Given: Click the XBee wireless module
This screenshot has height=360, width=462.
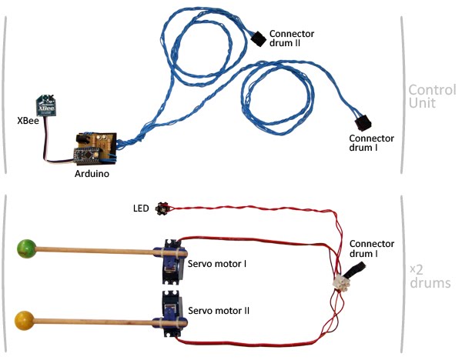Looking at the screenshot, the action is [46, 105].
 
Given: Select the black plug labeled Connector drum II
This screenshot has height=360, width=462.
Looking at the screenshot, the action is [259, 38].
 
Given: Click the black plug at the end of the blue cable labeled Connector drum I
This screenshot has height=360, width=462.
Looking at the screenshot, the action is [363, 123].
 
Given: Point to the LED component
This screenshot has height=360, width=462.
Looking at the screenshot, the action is [162, 208].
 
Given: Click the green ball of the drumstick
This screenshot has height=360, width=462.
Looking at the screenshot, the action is [26, 248].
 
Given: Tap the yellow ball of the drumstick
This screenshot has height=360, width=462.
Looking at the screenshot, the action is [24, 321].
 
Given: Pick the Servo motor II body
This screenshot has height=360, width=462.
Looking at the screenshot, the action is [173, 314].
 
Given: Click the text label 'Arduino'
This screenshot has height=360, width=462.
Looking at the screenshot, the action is [92, 174].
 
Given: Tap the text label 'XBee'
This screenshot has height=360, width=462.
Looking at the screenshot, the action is [28, 121].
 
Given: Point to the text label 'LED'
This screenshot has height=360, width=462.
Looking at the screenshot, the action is [141, 208].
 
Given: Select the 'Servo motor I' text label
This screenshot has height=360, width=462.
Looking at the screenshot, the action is [217, 263].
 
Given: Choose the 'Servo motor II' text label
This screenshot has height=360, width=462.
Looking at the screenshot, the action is [219, 311].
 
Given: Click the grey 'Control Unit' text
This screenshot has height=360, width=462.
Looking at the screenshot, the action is [432, 96].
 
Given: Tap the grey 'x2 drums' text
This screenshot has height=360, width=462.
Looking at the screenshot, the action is [430, 277].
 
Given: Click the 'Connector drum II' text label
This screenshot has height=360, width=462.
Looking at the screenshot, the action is [292, 38].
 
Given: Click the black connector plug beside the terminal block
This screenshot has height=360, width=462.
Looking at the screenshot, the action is [356, 270].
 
